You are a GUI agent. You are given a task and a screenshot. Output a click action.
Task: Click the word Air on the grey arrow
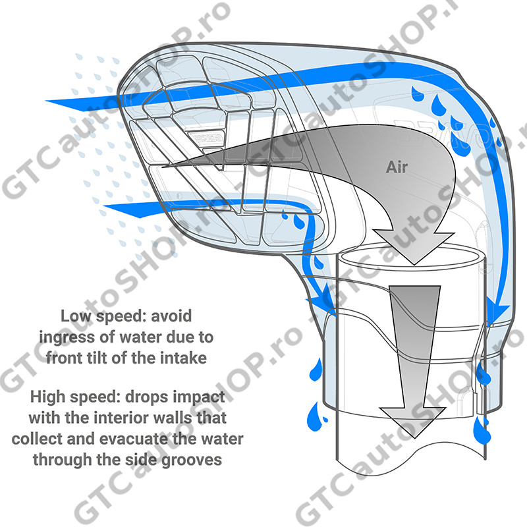(397, 167)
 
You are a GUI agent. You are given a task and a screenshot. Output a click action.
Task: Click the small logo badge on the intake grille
(206, 137)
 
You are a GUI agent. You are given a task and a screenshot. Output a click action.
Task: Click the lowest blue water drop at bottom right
(482, 431)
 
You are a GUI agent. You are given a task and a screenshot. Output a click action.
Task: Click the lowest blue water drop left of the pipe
(316, 417)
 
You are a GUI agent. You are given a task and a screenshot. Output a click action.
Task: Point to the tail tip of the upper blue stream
(46, 101)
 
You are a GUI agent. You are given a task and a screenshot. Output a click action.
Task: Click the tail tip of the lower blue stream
(104, 206)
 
